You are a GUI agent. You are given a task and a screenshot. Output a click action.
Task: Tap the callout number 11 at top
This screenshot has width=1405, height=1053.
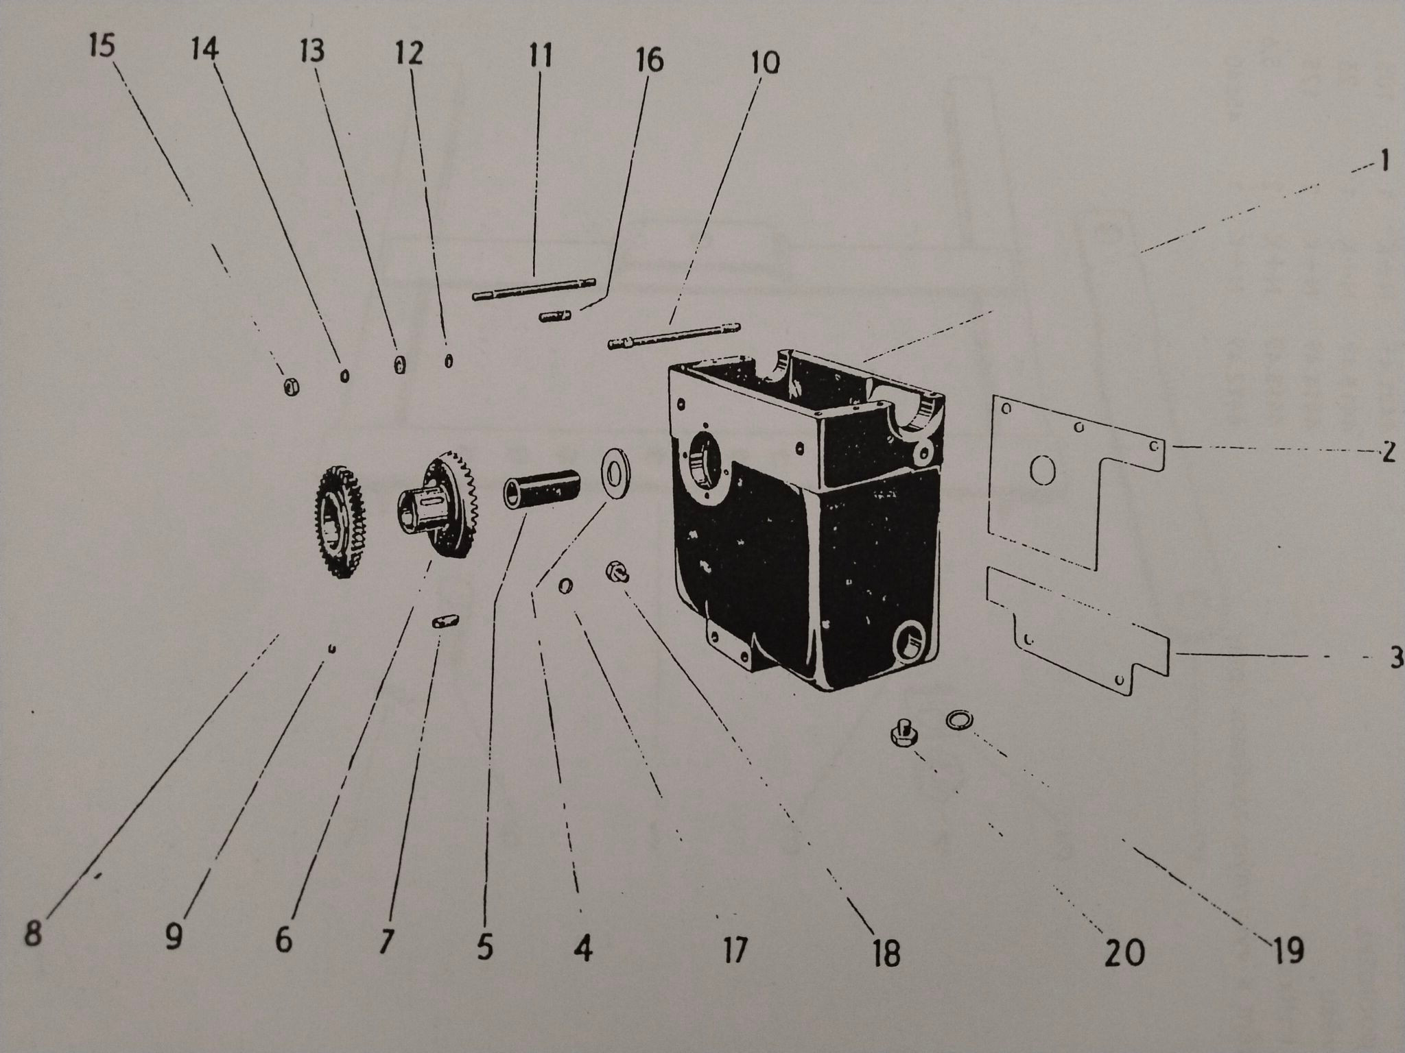pos(540,55)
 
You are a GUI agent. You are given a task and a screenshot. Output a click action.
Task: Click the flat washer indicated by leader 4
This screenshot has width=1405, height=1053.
pos(616,469)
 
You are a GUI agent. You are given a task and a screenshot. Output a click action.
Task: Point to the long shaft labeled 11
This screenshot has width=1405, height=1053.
pos(534,289)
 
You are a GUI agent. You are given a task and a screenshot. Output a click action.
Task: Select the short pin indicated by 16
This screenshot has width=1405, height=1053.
pos(556,316)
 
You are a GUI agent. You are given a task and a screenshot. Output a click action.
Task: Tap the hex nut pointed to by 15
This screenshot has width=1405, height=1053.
pos(290,387)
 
